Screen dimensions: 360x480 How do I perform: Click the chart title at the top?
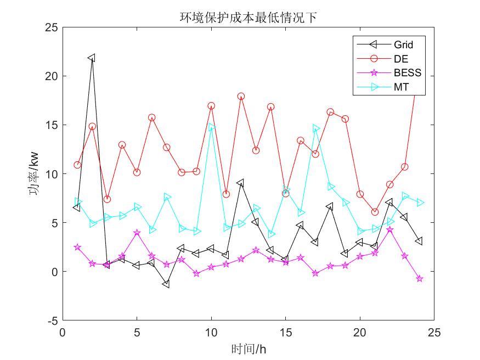(249, 18)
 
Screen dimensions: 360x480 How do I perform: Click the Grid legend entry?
(403, 44)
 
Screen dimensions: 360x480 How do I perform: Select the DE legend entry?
(400, 58)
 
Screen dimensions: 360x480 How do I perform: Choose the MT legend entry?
(401, 87)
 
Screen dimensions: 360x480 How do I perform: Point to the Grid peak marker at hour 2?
(92, 58)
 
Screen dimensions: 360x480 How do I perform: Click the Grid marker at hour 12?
(240, 183)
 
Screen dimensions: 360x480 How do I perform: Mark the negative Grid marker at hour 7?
(166, 284)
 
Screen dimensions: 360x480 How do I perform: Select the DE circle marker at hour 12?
(241, 96)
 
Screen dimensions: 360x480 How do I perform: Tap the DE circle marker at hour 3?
(107, 199)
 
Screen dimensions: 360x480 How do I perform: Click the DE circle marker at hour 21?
(375, 212)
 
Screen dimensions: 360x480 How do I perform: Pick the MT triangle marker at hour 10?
(212, 127)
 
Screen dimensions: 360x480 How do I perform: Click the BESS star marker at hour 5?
(137, 233)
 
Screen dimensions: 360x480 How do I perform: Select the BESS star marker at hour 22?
(389, 229)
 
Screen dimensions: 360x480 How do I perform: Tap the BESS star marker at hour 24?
(420, 279)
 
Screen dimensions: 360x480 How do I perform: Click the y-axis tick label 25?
(51, 27)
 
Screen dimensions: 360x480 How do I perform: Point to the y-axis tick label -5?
(52, 320)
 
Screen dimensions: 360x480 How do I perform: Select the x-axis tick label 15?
(285, 333)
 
